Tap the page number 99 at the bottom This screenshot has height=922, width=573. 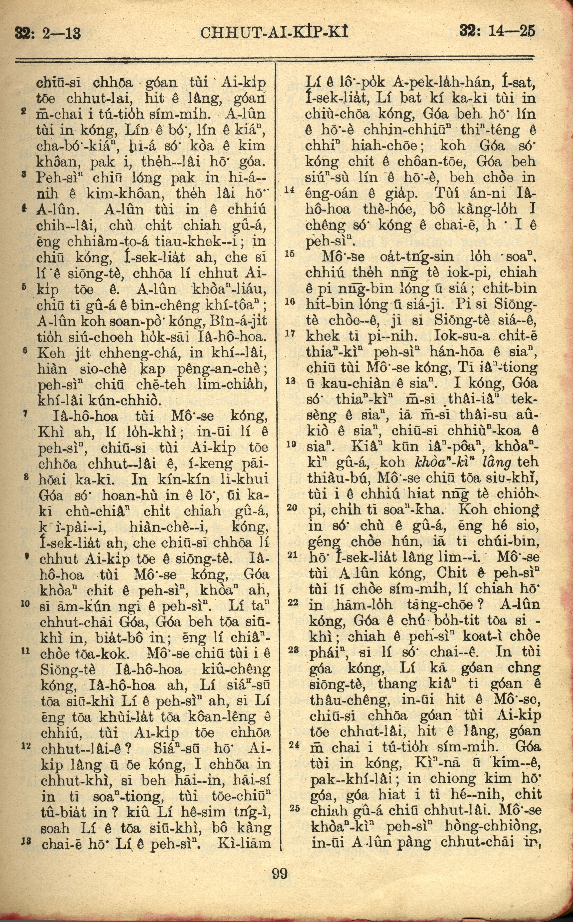(x=280, y=893)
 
